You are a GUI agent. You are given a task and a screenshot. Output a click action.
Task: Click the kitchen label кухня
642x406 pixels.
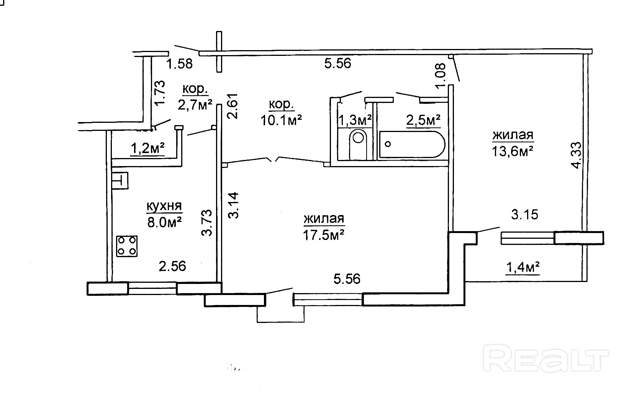[x=164, y=207]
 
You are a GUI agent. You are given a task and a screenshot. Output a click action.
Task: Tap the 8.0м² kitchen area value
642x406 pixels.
[x=164, y=222]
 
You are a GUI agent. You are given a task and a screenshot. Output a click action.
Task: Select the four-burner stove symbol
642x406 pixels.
[x=127, y=246]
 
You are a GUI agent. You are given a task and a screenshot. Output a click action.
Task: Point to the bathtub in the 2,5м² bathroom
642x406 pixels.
[x=412, y=145]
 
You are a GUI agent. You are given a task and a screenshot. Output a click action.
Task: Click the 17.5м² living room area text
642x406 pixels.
[x=323, y=234]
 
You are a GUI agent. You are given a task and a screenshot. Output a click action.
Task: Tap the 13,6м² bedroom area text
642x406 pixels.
[x=513, y=151]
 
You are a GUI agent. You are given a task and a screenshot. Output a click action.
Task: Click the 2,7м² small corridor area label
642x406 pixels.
[x=195, y=104]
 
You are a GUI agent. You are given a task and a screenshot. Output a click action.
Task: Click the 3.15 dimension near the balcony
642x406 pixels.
[x=524, y=214]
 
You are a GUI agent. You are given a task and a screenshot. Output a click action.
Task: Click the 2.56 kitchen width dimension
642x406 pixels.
[x=172, y=266]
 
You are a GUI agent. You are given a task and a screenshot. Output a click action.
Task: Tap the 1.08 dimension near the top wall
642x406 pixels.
[x=441, y=75]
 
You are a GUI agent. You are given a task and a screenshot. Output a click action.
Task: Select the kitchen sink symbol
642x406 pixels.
[x=120, y=181]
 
